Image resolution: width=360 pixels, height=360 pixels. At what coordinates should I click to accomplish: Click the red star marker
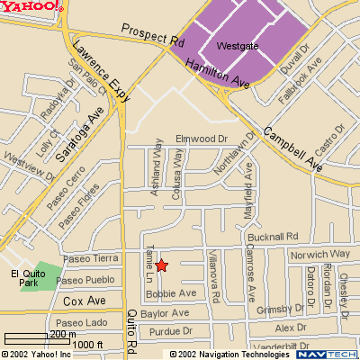coord(162,265)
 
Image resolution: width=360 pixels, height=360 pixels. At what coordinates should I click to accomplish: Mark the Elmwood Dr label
coord(202,139)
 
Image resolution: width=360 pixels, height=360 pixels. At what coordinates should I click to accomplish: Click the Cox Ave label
coord(85,301)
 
